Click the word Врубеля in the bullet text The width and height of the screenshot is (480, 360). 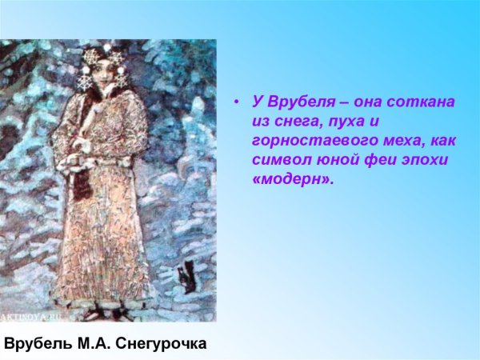pos(296,102)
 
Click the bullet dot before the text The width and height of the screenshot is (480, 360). pos(236,103)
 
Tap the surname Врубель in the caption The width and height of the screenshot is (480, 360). pos(35,344)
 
